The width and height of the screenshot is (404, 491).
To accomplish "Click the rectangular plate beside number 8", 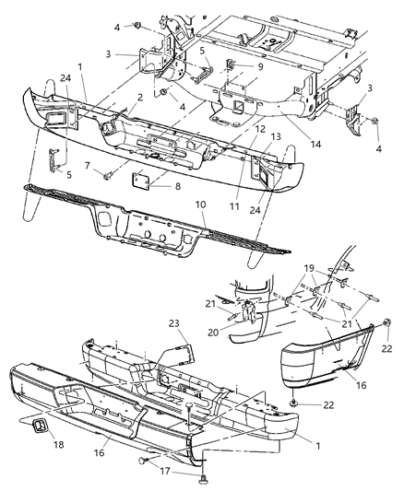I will (144, 179).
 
